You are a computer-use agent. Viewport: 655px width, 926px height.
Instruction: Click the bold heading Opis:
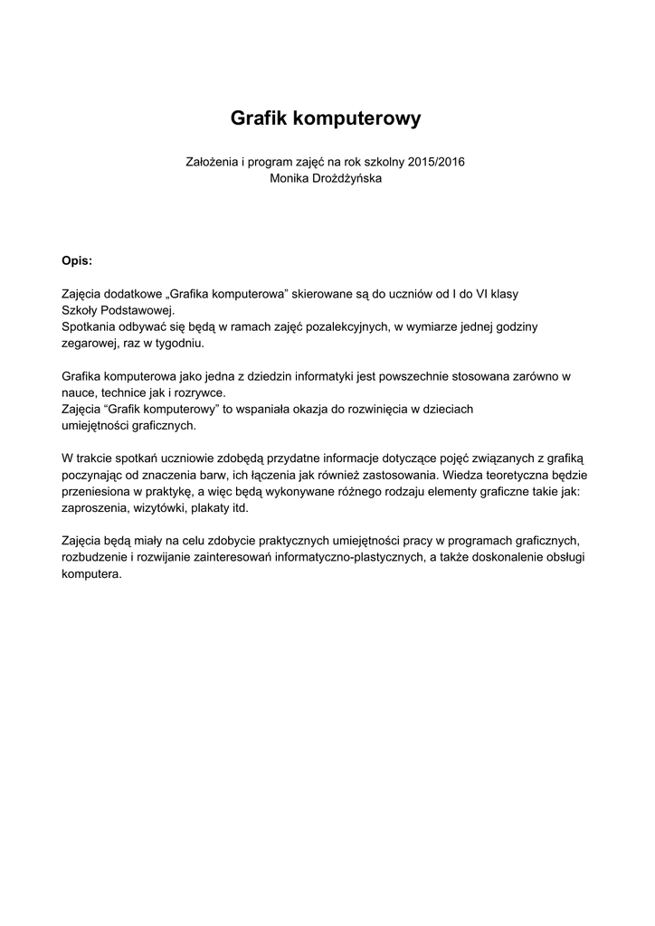[77, 260]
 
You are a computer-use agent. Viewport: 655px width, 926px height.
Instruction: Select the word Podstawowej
[140, 310]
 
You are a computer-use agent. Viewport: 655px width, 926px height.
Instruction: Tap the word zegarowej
[89, 343]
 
